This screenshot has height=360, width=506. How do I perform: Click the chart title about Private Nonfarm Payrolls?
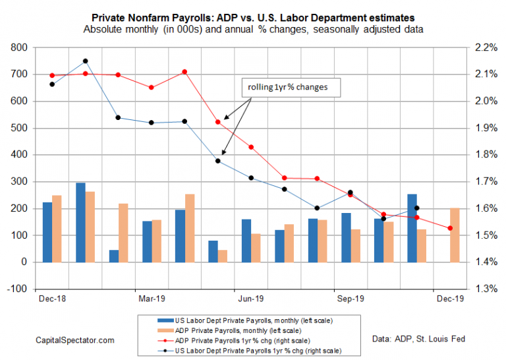253,17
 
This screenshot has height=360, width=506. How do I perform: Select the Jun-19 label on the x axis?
250,298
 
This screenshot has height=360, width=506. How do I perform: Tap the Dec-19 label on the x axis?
449,298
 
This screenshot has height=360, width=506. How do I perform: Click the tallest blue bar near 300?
80,222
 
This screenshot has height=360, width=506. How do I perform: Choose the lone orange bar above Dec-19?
455,235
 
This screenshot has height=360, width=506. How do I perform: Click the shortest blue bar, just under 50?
114,256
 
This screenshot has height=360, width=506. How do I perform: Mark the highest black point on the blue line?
85,61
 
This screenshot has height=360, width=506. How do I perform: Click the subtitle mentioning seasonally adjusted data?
253,30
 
